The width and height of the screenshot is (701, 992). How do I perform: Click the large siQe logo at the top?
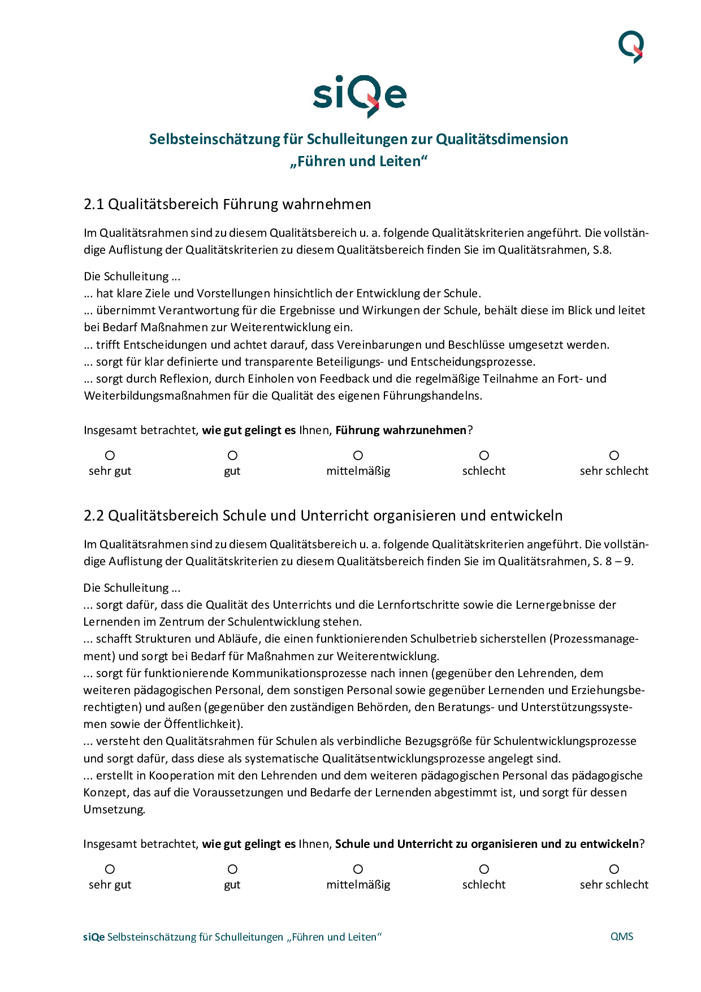(360, 96)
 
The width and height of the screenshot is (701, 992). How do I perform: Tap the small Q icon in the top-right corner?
(631, 46)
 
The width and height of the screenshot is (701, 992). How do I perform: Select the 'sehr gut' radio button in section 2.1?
(110, 456)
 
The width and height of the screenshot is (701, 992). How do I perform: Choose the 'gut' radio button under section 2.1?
(232, 456)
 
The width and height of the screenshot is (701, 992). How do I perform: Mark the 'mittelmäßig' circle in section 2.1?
(358, 456)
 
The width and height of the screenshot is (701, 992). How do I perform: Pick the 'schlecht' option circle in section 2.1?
(484, 456)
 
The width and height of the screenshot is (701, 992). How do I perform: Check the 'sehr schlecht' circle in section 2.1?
(614, 456)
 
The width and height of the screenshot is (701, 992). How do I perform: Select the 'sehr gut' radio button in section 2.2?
(110, 869)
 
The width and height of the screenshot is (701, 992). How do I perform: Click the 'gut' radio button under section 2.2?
(232, 869)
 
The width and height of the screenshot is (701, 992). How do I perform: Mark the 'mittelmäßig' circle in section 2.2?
(358, 869)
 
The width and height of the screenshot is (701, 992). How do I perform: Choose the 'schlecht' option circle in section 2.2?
(484, 869)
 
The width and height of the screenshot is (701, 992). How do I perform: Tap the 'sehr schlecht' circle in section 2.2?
(614, 869)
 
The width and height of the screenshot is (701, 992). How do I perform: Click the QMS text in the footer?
(621, 937)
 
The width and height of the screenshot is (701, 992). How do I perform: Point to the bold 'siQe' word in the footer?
(94, 937)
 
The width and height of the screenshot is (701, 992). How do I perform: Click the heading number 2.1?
(94, 204)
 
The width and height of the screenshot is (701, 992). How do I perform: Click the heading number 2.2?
(94, 516)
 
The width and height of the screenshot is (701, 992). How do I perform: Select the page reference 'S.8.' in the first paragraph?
(602, 250)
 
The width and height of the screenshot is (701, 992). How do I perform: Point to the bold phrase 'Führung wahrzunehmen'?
(401, 430)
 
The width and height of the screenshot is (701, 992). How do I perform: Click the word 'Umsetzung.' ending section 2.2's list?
(114, 809)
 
